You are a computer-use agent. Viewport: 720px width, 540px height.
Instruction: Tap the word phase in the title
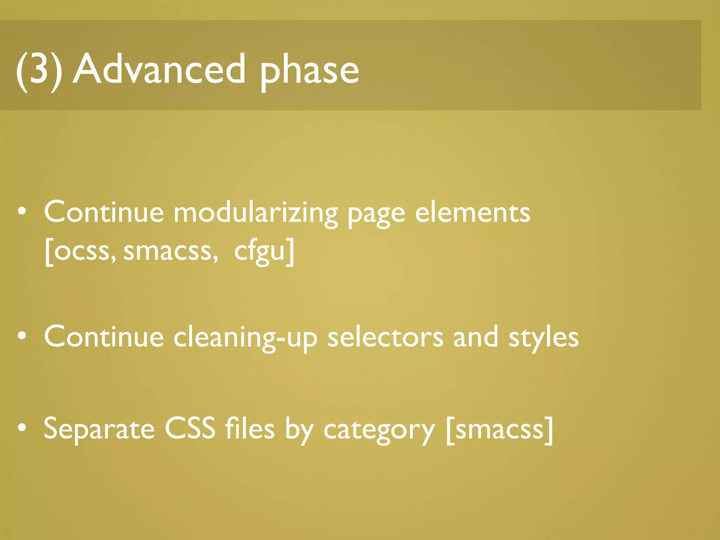point(309,72)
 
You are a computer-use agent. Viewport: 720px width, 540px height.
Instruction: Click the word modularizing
point(256,213)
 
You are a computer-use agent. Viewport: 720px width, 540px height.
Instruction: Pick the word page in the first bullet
point(376,215)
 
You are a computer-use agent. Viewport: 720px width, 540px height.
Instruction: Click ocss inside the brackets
point(83,251)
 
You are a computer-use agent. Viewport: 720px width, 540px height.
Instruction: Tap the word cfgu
point(260,252)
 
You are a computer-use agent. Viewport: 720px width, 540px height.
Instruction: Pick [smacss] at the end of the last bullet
point(499,430)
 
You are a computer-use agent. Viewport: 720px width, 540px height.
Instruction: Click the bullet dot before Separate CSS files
point(22,427)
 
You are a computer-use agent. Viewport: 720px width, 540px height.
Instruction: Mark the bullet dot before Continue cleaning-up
point(22,335)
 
